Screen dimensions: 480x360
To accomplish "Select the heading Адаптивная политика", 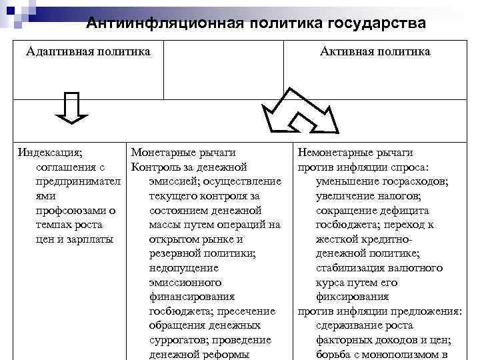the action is pos(88,51).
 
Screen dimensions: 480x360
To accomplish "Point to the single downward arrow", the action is pos(71,108).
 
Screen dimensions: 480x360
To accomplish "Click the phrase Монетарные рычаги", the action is pos(183,153).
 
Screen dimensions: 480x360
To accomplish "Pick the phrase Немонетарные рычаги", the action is pos(355,153).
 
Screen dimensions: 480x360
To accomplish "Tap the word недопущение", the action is pos(183,268).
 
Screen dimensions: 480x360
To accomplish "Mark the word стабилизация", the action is pos(355,268).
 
